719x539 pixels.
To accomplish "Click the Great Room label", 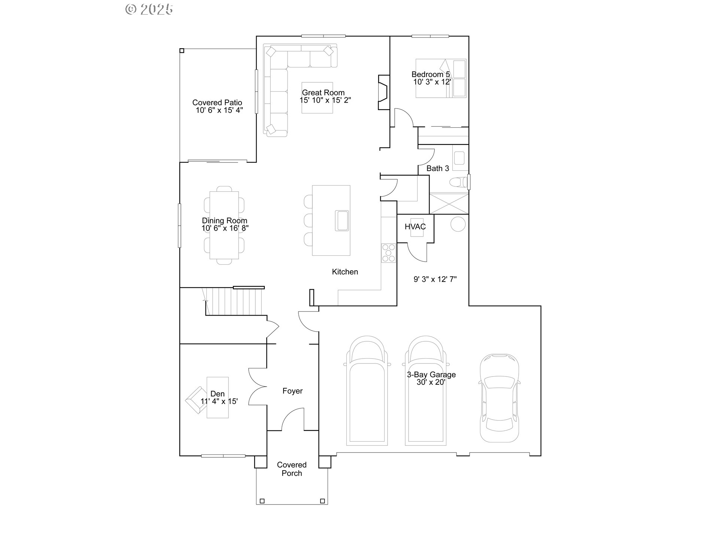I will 323,92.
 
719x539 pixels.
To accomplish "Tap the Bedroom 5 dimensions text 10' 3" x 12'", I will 432,82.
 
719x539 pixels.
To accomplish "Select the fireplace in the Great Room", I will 383,92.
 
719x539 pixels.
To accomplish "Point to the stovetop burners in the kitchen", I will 388,253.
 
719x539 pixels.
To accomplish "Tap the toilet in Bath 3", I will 458,182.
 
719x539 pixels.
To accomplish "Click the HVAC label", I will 415,227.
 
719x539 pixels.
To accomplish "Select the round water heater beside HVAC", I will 458,224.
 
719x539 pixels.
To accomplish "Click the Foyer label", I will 292,391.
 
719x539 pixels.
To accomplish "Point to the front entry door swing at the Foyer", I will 292,419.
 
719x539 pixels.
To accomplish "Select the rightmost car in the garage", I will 499,398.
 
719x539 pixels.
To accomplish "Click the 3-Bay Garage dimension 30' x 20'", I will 431,382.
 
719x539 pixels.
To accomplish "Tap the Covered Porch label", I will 292,469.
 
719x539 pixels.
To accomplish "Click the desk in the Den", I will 218,397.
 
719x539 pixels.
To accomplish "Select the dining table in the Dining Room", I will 224,225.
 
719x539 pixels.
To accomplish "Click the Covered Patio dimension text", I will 219,110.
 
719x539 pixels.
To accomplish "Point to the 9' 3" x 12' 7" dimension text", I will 435,279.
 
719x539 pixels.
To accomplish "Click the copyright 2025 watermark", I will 149,9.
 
